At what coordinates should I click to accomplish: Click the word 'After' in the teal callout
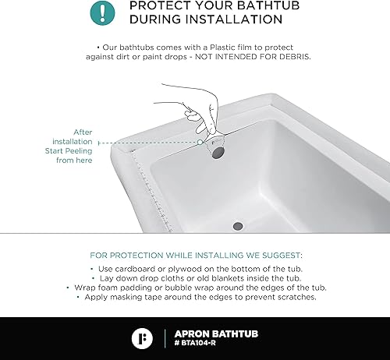click(83, 132)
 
